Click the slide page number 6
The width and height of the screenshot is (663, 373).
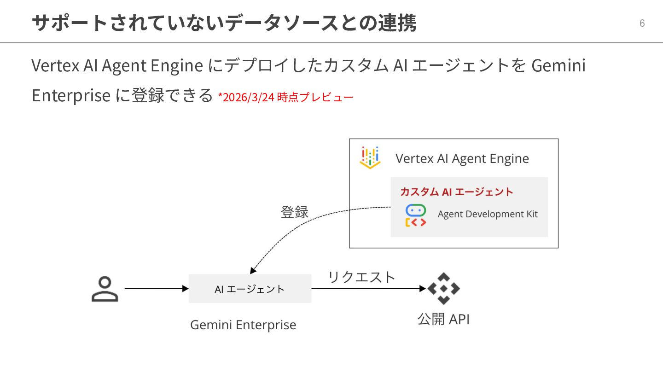click(642, 23)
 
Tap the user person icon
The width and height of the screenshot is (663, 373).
click(105, 289)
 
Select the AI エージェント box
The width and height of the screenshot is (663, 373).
click(250, 289)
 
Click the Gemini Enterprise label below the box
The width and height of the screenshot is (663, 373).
click(243, 325)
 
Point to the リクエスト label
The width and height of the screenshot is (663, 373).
click(361, 277)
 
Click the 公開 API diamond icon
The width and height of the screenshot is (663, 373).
click(443, 289)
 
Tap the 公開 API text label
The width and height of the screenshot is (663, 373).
click(443, 319)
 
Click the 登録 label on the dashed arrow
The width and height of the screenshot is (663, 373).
click(295, 212)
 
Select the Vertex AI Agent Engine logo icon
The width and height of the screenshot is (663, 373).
click(370, 158)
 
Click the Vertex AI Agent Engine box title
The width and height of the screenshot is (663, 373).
click(462, 159)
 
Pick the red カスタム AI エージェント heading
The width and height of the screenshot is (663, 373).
click(456, 192)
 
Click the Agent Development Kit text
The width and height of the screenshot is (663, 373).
click(488, 214)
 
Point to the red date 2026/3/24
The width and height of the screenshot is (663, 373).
click(249, 98)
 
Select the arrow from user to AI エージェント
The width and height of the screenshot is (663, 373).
click(157, 289)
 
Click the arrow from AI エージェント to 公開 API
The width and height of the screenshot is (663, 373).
click(368, 289)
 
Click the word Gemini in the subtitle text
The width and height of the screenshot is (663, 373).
click(558, 66)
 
